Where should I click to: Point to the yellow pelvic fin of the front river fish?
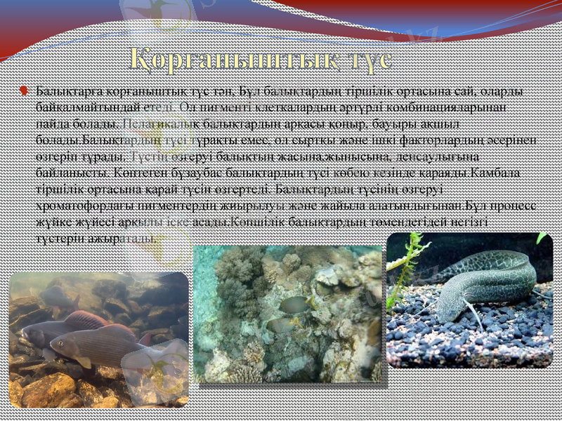click(x=85, y=363)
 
